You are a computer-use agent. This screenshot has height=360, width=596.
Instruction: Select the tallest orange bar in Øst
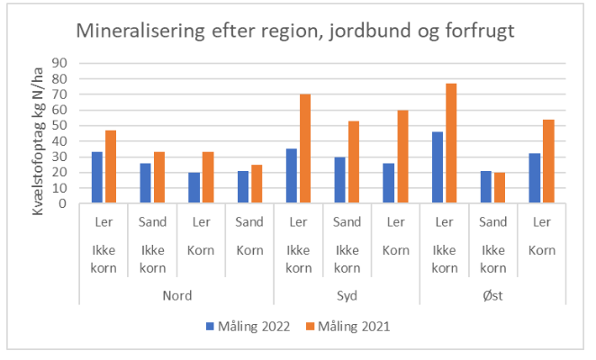pos(451,143)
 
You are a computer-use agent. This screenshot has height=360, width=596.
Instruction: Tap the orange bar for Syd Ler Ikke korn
pos(305,148)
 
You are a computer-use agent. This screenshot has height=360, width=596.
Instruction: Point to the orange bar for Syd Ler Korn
pos(402,157)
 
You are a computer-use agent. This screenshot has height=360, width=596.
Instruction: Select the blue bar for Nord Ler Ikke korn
pos(97,177)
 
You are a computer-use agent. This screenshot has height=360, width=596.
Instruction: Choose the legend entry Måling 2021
pos(352,327)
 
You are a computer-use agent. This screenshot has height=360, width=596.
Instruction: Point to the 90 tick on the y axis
pos(62,63)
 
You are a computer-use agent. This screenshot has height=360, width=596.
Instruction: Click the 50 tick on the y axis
pos(62,125)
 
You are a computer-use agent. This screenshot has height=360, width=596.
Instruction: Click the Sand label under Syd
pos(347,221)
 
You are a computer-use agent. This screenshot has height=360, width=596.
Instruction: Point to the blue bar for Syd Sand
pos(340,180)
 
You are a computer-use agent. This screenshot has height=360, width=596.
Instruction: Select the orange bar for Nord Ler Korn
pos(207,177)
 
